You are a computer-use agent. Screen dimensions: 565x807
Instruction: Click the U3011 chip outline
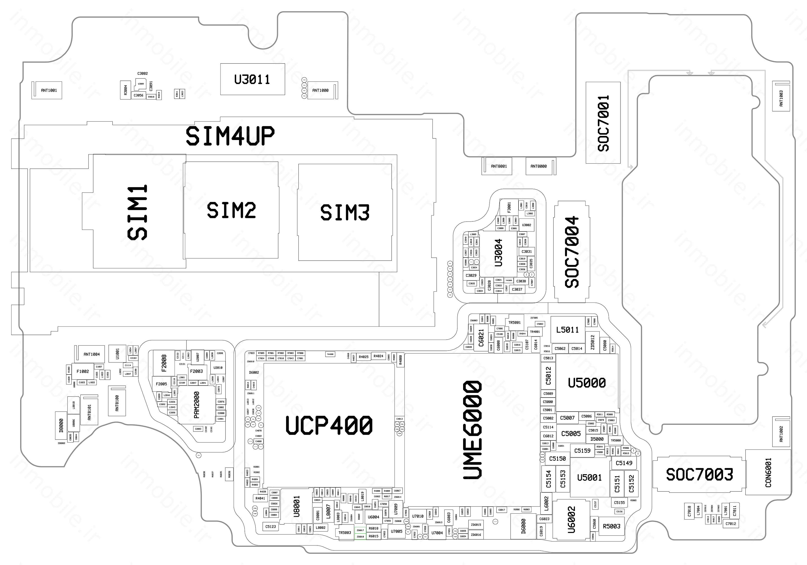252,79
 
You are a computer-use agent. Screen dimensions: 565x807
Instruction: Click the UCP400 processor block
329,425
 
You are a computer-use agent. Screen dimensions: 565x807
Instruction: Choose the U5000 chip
587,382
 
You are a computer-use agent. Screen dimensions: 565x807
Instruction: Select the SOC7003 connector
699,475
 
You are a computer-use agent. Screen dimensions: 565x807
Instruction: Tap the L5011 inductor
567,330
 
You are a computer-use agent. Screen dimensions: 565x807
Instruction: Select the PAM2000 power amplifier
196,405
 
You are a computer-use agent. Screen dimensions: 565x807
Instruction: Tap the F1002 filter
83,371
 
